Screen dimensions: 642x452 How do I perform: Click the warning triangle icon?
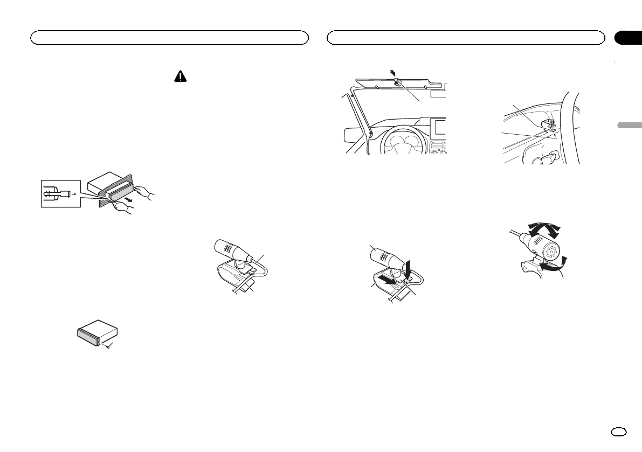point(179,77)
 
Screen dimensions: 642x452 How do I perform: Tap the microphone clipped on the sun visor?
point(397,82)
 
